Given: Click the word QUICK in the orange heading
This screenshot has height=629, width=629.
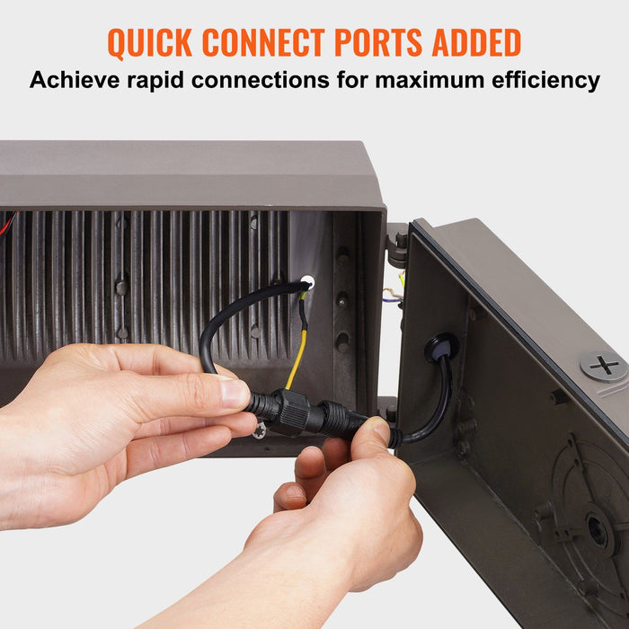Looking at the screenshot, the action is tap(150, 42).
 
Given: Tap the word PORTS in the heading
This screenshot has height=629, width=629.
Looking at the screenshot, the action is tap(378, 42).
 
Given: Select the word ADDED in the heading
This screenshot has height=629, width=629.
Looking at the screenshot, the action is tap(476, 42).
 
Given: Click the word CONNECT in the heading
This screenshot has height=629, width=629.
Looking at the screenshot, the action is tap(263, 42).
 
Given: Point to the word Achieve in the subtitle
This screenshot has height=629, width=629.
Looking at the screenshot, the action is tap(75, 79).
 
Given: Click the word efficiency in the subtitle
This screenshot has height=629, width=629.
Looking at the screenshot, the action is tap(545, 80).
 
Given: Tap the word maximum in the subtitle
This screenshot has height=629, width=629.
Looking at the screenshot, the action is tap(430, 80).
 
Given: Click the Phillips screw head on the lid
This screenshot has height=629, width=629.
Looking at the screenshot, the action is tap(604, 367).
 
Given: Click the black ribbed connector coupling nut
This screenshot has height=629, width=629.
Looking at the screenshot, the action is tap(296, 412).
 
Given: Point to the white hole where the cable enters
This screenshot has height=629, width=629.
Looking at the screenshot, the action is tap(307, 282).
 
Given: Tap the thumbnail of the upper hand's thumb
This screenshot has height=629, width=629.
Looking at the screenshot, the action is tap(235, 393).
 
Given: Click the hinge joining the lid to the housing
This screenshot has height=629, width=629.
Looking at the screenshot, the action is tap(397, 245).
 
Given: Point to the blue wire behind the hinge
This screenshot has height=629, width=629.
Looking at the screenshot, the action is tap(391, 299).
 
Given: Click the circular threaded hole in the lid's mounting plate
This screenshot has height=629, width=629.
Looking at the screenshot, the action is tap(598, 530).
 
